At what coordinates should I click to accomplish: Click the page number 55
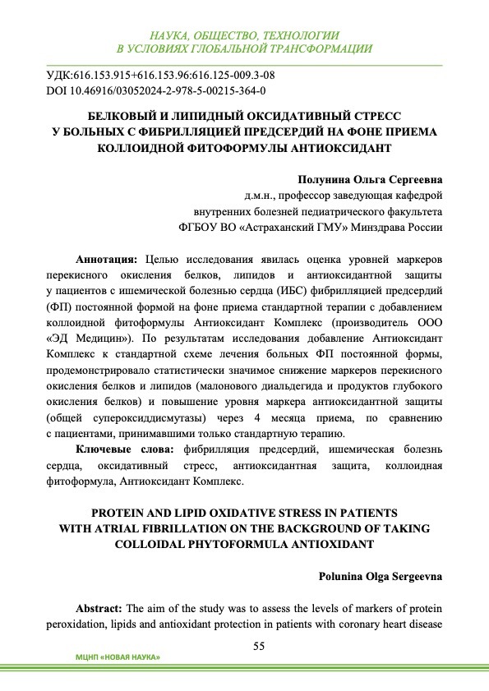(258, 646)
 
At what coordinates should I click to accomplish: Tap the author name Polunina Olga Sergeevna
(381, 577)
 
